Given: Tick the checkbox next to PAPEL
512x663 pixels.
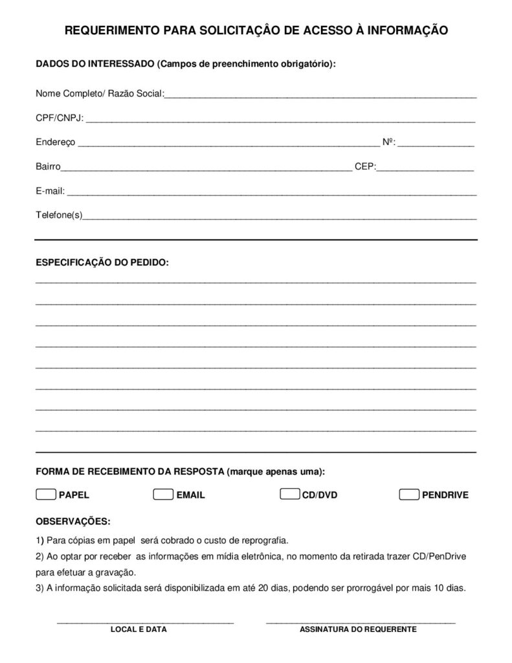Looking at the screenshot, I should (x=46, y=495).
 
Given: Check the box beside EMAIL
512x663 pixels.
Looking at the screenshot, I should (x=163, y=495).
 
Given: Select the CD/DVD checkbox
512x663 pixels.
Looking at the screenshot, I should (x=289, y=494).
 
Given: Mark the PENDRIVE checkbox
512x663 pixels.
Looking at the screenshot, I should (x=408, y=495).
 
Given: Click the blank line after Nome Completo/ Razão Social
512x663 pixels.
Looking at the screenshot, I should (x=320, y=95).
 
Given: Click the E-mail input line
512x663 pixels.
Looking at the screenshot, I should (x=272, y=192).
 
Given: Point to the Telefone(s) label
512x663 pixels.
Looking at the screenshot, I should (x=59, y=214).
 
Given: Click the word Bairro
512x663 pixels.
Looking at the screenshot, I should (x=48, y=166).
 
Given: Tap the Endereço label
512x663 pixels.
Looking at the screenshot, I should (x=56, y=142).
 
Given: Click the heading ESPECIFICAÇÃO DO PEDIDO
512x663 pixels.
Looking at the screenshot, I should (x=102, y=263).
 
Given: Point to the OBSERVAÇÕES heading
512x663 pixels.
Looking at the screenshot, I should (x=73, y=521).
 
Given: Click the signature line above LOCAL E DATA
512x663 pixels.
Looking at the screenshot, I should (x=145, y=622).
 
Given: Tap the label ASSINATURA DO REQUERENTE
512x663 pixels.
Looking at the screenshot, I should (x=358, y=629).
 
